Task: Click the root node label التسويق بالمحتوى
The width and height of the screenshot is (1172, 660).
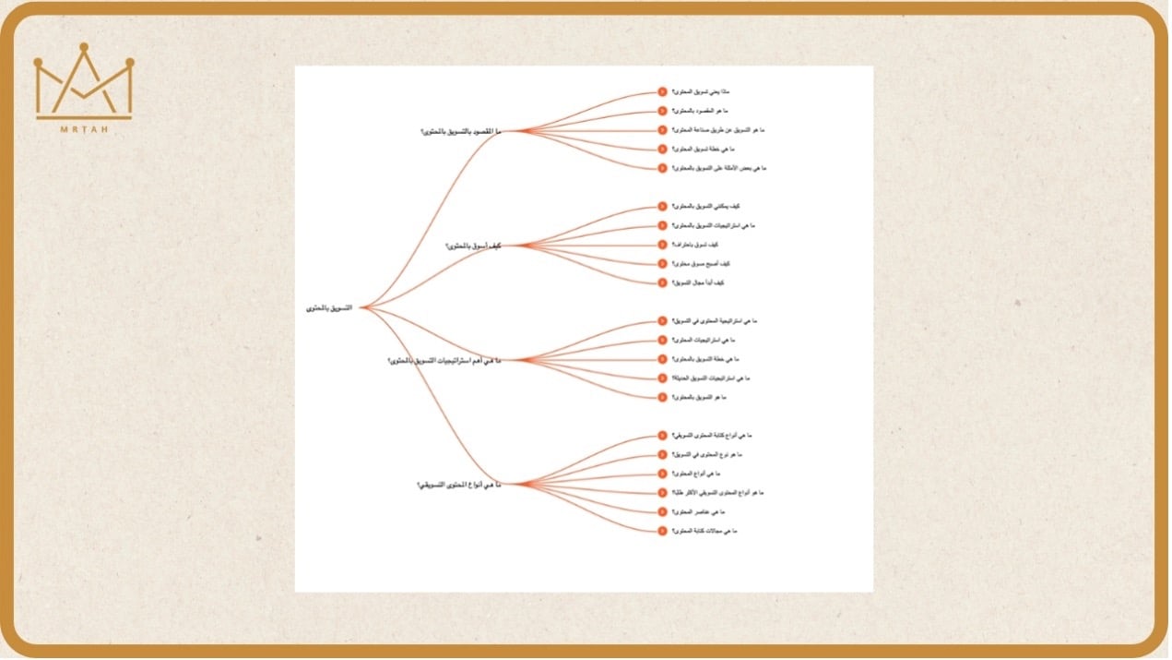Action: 329,307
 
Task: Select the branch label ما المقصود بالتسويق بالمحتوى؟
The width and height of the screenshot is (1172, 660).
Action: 461,131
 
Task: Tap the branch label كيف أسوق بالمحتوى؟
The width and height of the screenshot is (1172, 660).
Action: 473,246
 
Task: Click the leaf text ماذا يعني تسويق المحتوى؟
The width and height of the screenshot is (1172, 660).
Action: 701,91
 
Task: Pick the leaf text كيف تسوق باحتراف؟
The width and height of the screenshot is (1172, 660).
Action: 695,245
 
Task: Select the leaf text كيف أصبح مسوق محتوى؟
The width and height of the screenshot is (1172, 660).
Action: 698,264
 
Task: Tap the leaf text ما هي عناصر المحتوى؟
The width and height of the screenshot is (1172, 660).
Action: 697,511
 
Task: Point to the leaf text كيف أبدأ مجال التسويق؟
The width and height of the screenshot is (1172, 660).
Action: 698,282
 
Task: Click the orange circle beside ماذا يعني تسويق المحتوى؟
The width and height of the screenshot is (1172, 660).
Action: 662,91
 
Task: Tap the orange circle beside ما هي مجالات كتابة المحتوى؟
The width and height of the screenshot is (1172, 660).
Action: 662,531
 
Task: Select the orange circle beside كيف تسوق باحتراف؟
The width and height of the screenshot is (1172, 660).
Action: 662,245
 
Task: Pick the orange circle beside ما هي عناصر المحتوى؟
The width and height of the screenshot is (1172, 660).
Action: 662,511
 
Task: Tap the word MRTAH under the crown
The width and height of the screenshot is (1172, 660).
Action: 84,129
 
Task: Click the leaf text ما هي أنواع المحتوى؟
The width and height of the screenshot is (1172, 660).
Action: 699,474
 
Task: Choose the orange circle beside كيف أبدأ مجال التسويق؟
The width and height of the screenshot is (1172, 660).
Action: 662,282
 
